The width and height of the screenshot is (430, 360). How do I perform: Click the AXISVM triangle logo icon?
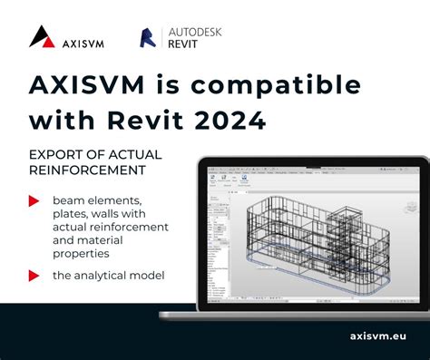[x=43, y=36]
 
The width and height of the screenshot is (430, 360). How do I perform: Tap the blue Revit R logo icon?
[x=148, y=37]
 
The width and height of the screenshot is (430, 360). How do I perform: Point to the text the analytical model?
[x=107, y=274]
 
